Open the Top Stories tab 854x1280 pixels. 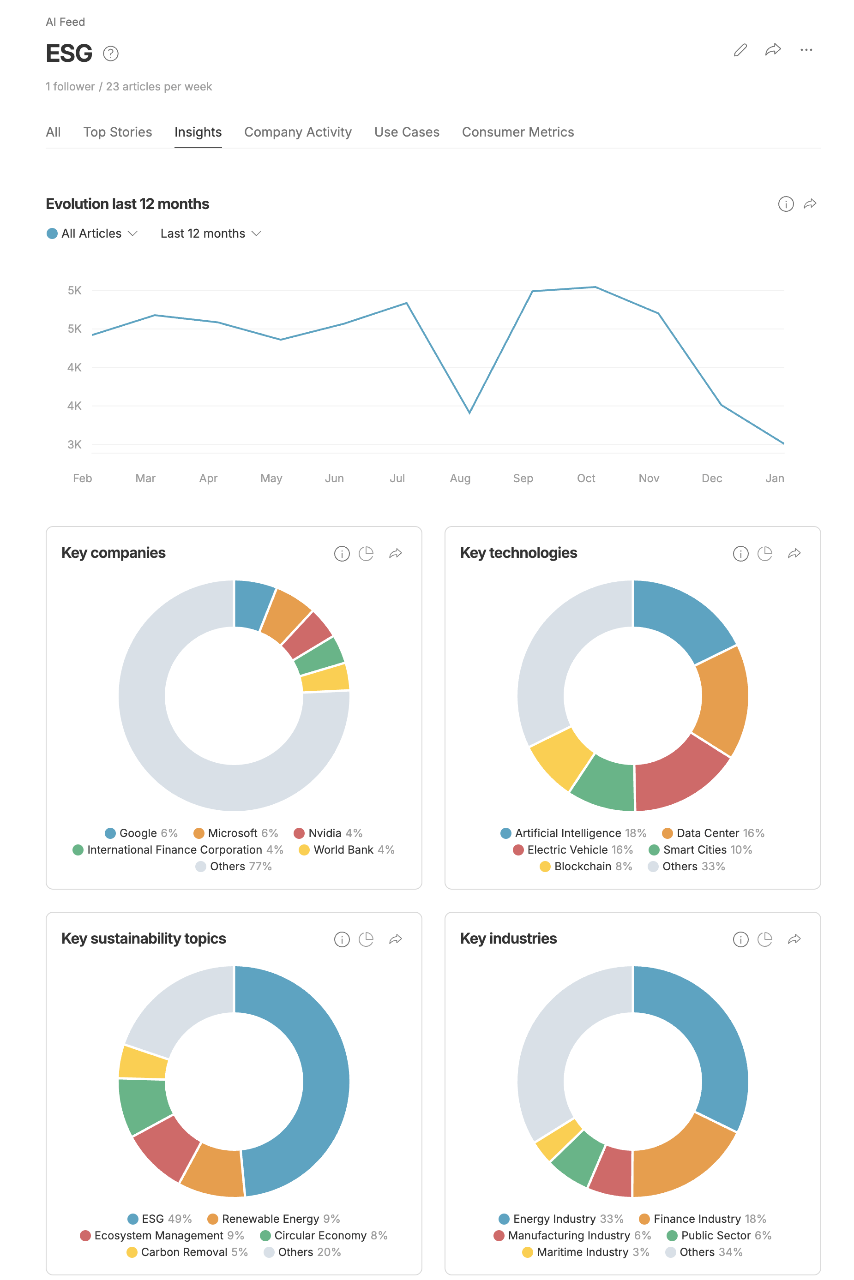[118, 132]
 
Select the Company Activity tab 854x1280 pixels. [298, 132]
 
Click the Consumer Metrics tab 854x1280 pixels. [517, 132]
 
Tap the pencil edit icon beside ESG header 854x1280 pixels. [740, 50]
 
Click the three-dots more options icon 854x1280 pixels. [806, 50]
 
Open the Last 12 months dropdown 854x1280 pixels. [210, 233]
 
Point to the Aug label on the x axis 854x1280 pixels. [460, 478]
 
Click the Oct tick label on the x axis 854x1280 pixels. [586, 478]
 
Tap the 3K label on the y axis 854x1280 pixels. [75, 444]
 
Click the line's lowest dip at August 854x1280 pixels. [469, 413]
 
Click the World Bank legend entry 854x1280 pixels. [346, 850]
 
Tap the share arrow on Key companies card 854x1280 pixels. [396, 554]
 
